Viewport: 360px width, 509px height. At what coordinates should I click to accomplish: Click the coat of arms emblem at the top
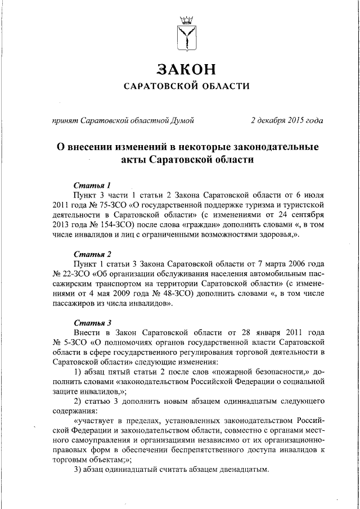click(186, 32)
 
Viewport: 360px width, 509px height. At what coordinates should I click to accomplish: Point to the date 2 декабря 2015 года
click(287, 120)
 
